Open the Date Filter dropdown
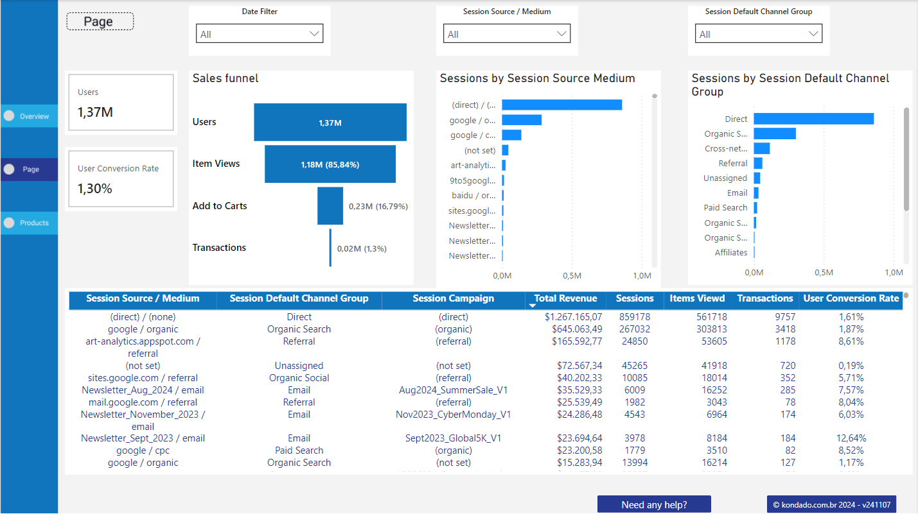(x=259, y=34)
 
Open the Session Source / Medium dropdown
(x=506, y=34)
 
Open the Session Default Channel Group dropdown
(x=758, y=34)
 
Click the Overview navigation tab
(x=30, y=116)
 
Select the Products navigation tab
(x=30, y=223)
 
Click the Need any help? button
(x=654, y=504)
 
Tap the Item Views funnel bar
(x=330, y=164)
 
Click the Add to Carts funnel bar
(x=330, y=206)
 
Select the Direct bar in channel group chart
(x=813, y=119)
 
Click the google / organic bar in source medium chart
(x=521, y=120)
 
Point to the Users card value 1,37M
(x=95, y=112)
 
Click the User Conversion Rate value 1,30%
(x=95, y=189)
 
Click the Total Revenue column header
(x=565, y=298)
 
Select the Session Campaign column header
(x=453, y=298)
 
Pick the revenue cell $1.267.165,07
(x=573, y=317)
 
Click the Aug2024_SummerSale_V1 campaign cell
(x=453, y=390)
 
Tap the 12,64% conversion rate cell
(x=851, y=438)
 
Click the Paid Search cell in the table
(x=299, y=450)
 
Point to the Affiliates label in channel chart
(x=731, y=253)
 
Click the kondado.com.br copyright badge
(x=831, y=504)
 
